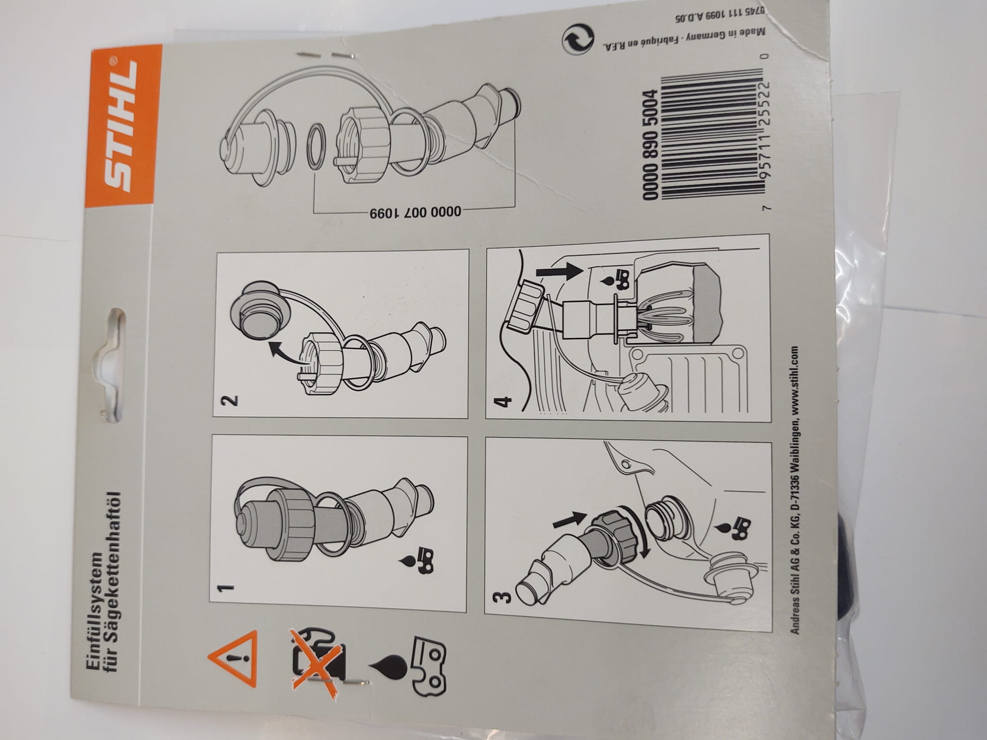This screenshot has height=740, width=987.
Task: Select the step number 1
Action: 226,588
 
